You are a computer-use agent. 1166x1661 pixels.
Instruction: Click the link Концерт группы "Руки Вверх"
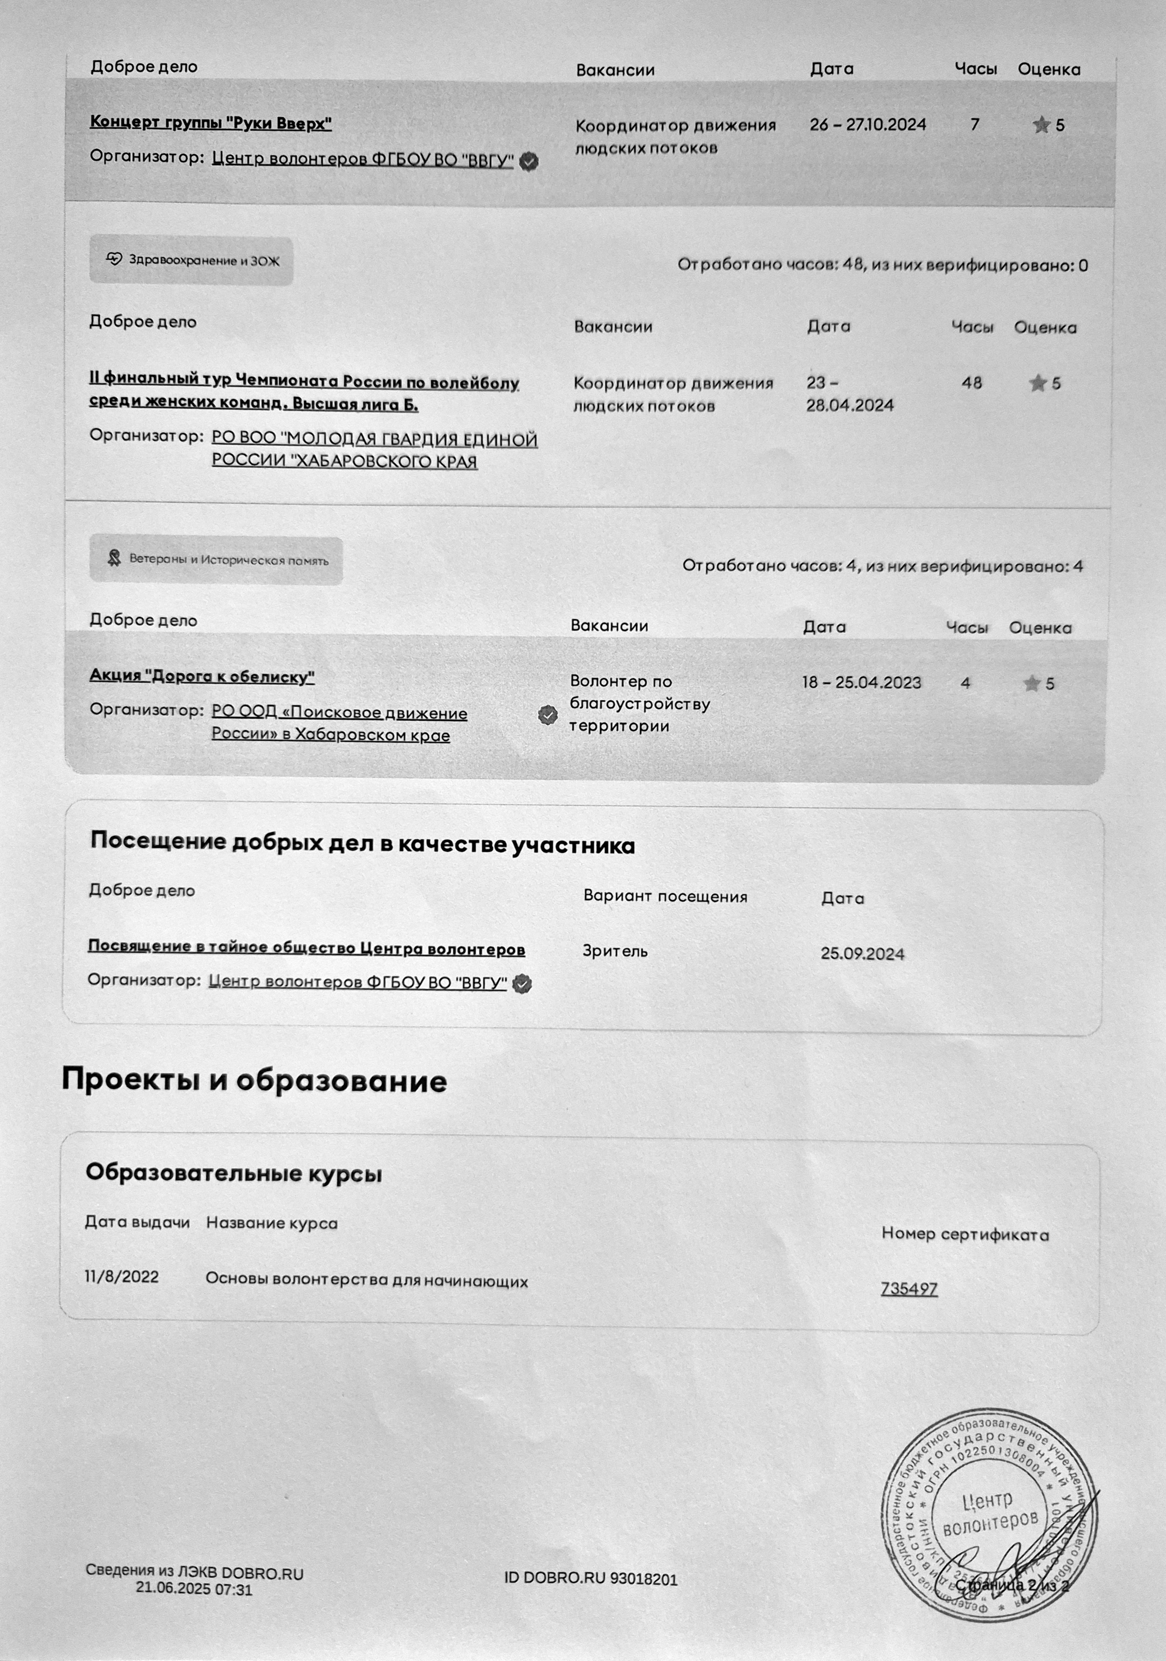(x=211, y=122)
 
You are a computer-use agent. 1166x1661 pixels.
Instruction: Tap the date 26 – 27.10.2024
(x=868, y=125)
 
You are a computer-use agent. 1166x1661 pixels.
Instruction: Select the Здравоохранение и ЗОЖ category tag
(x=191, y=261)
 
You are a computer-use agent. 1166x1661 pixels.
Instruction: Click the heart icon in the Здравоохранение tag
(x=114, y=259)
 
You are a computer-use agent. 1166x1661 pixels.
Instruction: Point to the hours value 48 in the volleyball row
(x=972, y=383)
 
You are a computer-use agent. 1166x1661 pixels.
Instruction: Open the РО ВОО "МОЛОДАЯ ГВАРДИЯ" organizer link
(x=374, y=450)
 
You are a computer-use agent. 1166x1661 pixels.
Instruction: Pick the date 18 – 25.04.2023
(x=861, y=682)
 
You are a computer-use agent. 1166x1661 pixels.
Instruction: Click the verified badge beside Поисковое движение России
(x=548, y=715)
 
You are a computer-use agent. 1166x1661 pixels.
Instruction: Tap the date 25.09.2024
(x=862, y=953)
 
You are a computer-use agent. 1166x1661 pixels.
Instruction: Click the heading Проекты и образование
(x=254, y=1080)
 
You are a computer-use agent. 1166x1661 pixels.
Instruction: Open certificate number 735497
(x=909, y=1289)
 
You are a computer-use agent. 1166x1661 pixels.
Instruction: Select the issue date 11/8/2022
(x=121, y=1277)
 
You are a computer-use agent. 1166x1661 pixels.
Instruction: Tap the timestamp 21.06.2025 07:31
(x=194, y=1589)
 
